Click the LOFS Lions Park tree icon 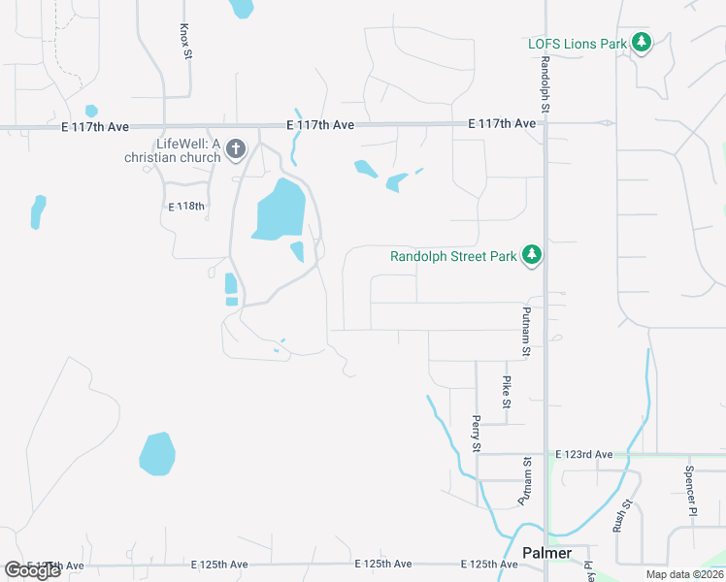(x=641, y=43)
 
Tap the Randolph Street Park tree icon (x=531, y=255)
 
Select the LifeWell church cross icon (x=235, y=149)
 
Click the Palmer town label (x=546, y=553)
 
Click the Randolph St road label (x=545, y=85)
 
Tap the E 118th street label (x=187, y=207)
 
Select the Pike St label (x=507, y=392)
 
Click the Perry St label (x=476, y=434)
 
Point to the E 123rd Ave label (x=584, y=454)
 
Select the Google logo (x=32, y=569)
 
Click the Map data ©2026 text (x=683, y=574)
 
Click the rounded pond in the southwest (x=157, y=454)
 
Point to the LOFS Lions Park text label (x=577, y=44)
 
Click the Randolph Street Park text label (x=453, y=257)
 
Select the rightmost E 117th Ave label (x=502, y=124)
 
